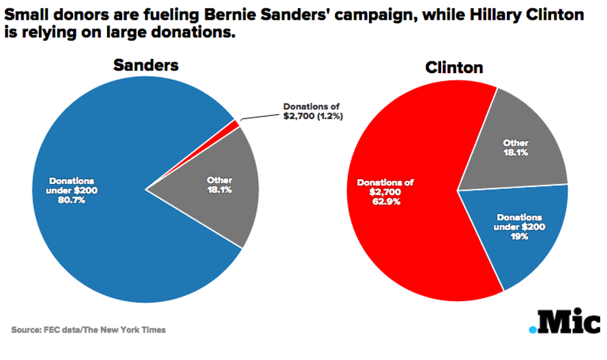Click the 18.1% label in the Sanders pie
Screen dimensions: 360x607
tap(219, 190)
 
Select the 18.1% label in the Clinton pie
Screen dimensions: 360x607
tap(515, 152)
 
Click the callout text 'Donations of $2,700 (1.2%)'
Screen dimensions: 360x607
tap(312, 111)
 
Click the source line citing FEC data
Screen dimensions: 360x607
tap(89, 330)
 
